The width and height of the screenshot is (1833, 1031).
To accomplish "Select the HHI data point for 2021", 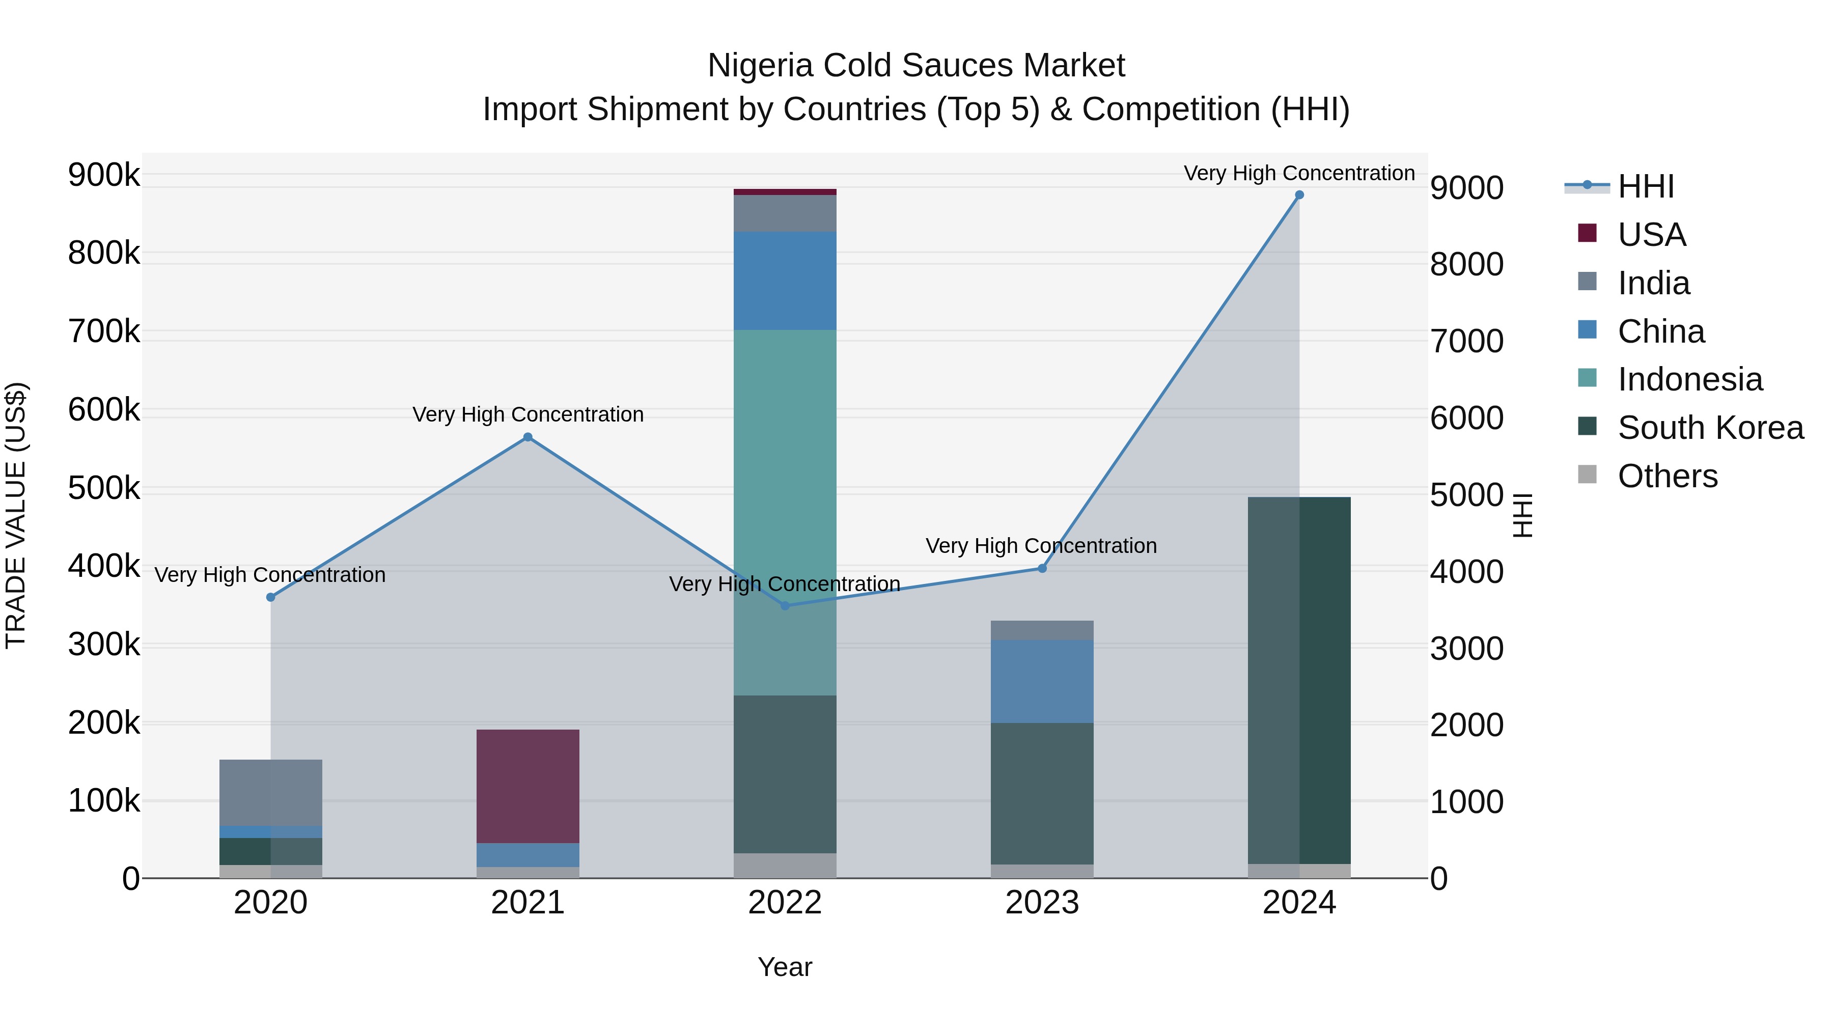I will click(x=527, y=437).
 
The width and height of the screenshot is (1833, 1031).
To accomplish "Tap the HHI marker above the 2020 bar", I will click(x=270, y=597).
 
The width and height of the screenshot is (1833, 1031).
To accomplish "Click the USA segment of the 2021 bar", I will click(x=527, y=786).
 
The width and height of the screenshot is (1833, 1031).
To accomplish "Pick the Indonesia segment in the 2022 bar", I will click(x=784, y=512).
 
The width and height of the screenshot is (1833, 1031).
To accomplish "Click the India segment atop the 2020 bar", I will click(x=270, y=792).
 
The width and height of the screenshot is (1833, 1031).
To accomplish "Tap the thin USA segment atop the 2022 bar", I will click(x=784, y=191).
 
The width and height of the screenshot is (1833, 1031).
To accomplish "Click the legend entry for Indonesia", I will click(x=1689, y=379).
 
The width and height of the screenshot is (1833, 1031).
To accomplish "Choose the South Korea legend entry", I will click(x=1709, y=428).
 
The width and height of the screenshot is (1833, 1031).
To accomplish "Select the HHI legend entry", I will click(x=1645, y=186).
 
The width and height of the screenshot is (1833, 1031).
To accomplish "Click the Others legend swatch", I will click(x=1587, y=475).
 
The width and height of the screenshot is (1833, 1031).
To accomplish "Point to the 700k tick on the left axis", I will click(x=104, y=331).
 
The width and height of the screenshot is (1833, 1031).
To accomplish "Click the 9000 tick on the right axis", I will click(x=1466, y=188).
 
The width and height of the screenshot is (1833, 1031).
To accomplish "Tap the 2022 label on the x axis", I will click(x=784, y=903).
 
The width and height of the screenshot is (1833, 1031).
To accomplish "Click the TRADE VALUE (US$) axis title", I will click(x=16, y=515).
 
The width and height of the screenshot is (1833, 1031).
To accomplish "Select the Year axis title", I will click(x=784, y=967).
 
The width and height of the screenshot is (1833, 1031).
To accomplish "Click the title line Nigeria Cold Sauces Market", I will click(x=916, y=66).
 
